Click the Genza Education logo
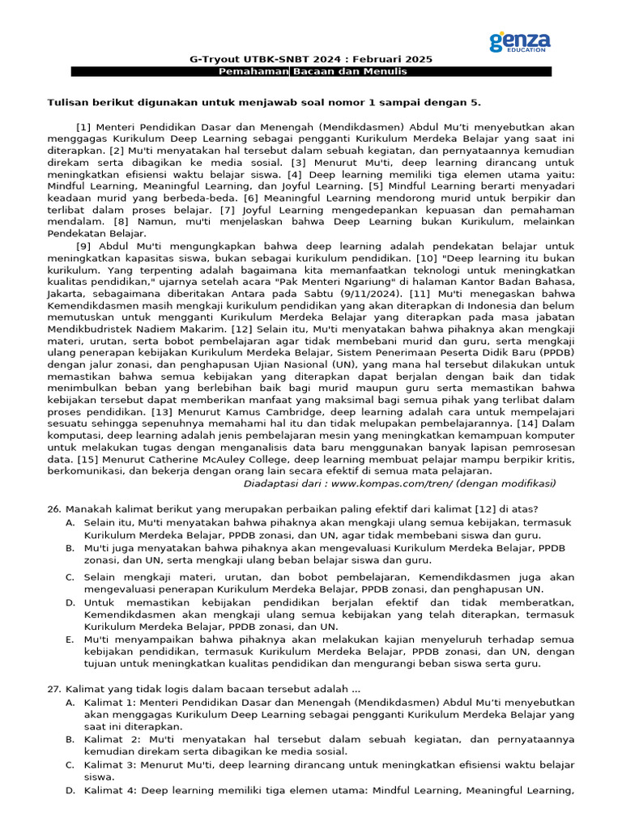520,41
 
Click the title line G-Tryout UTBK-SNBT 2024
311,59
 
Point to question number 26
54,510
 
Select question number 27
54,688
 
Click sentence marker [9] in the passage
84,247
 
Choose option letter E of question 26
71,639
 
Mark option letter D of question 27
71,790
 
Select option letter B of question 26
71,548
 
